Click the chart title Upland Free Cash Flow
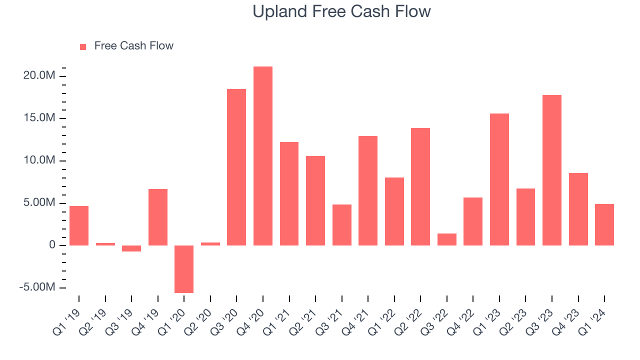click(341, 11)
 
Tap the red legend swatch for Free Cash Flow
click(83, 46)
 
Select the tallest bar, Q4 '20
click(263, 156)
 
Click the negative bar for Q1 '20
click(184, 269)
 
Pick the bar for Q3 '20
click(236, 167)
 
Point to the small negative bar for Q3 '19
click(131, 248)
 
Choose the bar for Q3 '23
click(552, 170)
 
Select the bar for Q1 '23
click(499, 179)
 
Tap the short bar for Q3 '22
click(447, 239)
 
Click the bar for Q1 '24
click(604, 224)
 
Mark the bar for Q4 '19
click(158, 217)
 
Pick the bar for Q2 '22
click(420, 186)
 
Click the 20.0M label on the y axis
click(39, 76)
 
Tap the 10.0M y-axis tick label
click(39, 160)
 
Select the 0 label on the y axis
click(52, 245)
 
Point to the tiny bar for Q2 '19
click(105, 244)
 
